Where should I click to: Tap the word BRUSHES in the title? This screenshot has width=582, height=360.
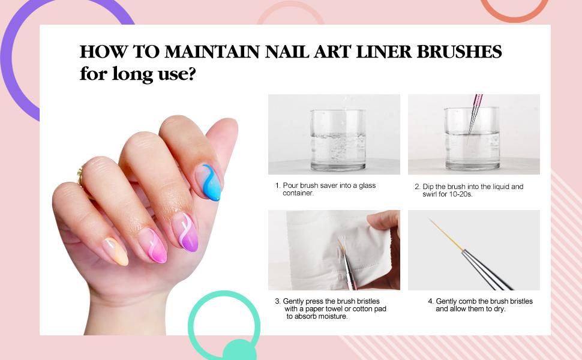460,52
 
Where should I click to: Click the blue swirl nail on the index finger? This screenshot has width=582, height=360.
210,182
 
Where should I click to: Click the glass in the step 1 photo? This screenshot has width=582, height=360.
338,140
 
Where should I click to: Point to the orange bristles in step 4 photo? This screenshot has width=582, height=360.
446,235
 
